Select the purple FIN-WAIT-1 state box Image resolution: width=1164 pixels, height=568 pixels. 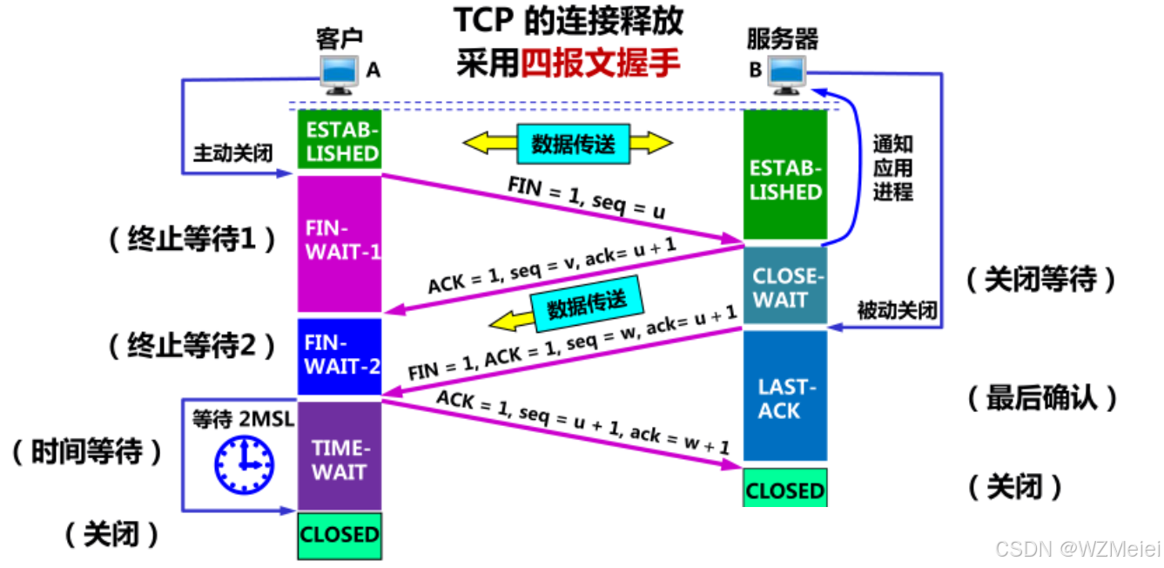click(x=340, y=243)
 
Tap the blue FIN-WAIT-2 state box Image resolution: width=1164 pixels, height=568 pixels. click(x=340, y=356)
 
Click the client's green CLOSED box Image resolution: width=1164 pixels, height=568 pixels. click(x=340, y=534)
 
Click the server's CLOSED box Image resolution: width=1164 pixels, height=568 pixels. click(x=784, y=490)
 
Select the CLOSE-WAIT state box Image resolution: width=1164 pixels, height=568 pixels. click(x=785, y=288)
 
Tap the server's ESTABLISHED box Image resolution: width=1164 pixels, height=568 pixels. click(x=785, y=179)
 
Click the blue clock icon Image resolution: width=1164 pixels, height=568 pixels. click(x=245, y=464)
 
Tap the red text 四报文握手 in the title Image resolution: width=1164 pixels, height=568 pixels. click(x=600, y=64)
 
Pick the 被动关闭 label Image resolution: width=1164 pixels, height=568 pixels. click(x=898, y=310)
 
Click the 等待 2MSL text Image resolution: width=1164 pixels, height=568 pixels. click(x=243, y=419)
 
